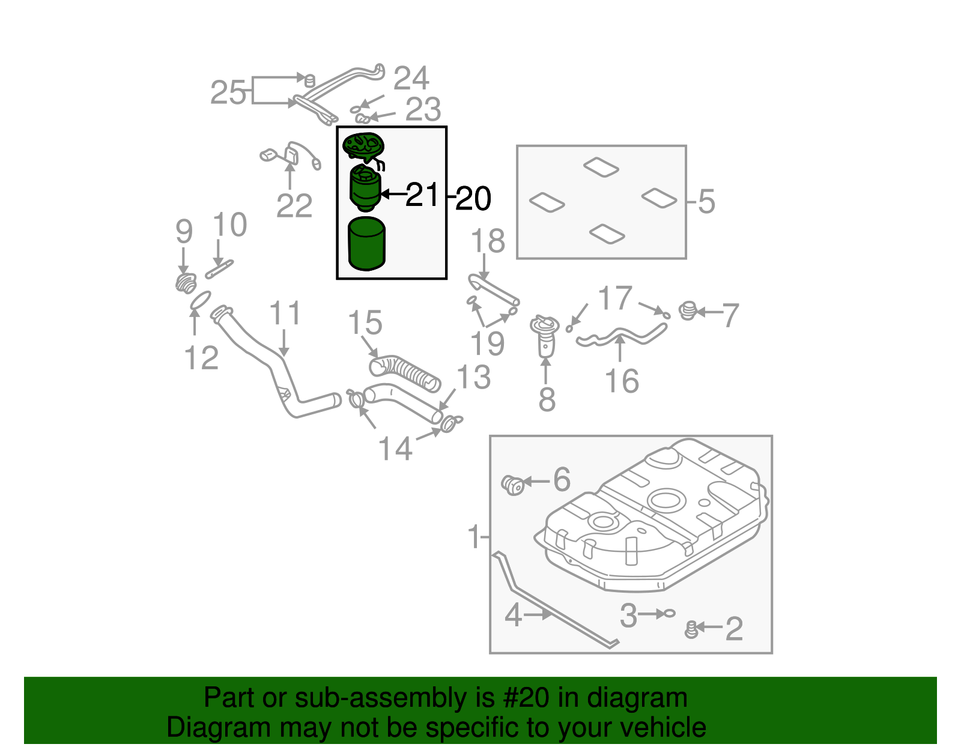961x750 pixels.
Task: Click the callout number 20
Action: click(x=473, y=199)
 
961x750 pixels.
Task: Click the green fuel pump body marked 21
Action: click(x=365, y=189)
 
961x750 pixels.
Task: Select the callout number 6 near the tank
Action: click(x=562, y=479)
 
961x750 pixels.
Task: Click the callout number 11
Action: click(x=285, y=313)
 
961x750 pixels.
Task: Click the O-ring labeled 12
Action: click(x=200, y=300)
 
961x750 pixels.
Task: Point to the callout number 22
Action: click(x=294, y=206)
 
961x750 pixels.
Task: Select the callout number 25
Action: click(x=228, y=93)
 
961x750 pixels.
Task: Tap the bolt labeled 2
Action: click(x=692, y=629)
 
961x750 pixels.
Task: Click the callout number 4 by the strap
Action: click(x=514, y=615)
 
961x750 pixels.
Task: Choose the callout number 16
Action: click(x=622, y=381)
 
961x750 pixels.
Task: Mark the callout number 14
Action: click(x=395, y=449)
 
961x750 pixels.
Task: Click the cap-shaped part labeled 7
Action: click(x=688, y=311)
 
